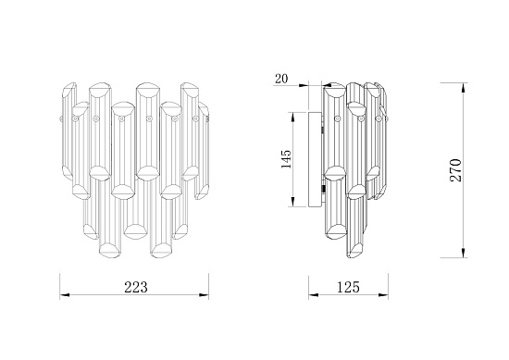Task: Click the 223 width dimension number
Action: pos(136,287)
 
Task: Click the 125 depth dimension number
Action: pos(348,287)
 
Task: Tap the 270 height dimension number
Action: pos(455,170)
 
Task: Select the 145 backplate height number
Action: pos(286,159)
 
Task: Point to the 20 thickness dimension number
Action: pos(281,79)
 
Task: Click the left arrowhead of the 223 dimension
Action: pos(65,294)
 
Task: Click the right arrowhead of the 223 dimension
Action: pos(204,294)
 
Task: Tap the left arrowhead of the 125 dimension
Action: pos(313,294)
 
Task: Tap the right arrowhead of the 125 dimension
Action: pos(383,294)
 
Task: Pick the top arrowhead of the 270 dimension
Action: pos(464,88)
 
